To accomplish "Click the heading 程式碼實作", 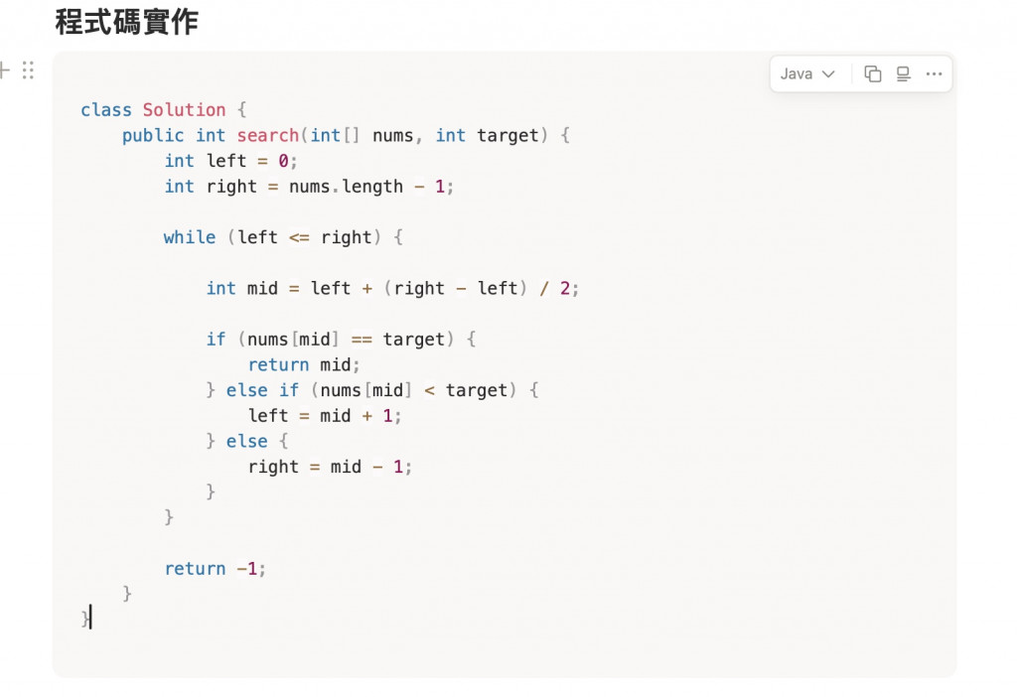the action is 126,21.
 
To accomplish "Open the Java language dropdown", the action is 807,73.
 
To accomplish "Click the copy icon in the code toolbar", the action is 873,73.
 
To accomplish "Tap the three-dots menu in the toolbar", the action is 934,73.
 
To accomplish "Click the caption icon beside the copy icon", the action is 903,73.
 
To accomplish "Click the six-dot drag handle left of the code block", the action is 28,70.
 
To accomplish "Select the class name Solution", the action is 184,109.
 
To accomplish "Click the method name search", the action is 267,135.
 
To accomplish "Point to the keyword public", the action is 153,135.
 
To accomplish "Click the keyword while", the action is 190,237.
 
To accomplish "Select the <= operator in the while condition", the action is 299,237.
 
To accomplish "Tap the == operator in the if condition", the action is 362,340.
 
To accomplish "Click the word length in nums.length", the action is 372,187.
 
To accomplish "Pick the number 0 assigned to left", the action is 283,161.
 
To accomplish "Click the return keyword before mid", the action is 278,364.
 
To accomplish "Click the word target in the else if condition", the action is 477,390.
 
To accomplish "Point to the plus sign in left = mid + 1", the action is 367,416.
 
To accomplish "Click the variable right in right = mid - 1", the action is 273,467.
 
